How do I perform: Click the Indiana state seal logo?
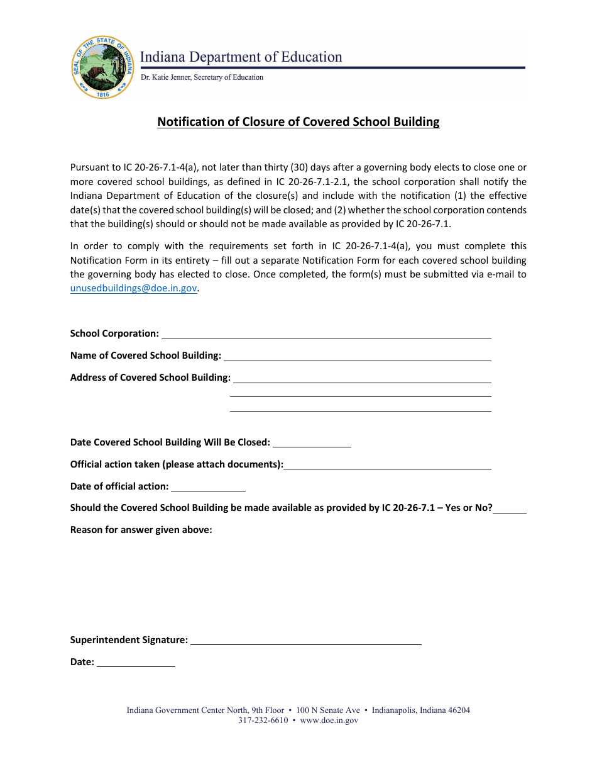[x=103, y=67]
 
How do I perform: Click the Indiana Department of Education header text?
[x=241, y=57]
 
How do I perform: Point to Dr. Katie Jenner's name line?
[x=202, y=77]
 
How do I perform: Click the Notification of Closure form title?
[x=298, y=121]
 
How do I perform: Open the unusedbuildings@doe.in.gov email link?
[x=134, y=288]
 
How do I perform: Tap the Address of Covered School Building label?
[x=150, y=378]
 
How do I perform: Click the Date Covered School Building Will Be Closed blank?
[x=312, y=442]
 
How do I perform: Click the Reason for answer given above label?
[x=141, y=530]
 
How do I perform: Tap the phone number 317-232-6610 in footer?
[x=263, y=721]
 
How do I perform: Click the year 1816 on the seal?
[x=103, y=94]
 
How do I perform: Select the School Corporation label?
[x=114, y=334]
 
